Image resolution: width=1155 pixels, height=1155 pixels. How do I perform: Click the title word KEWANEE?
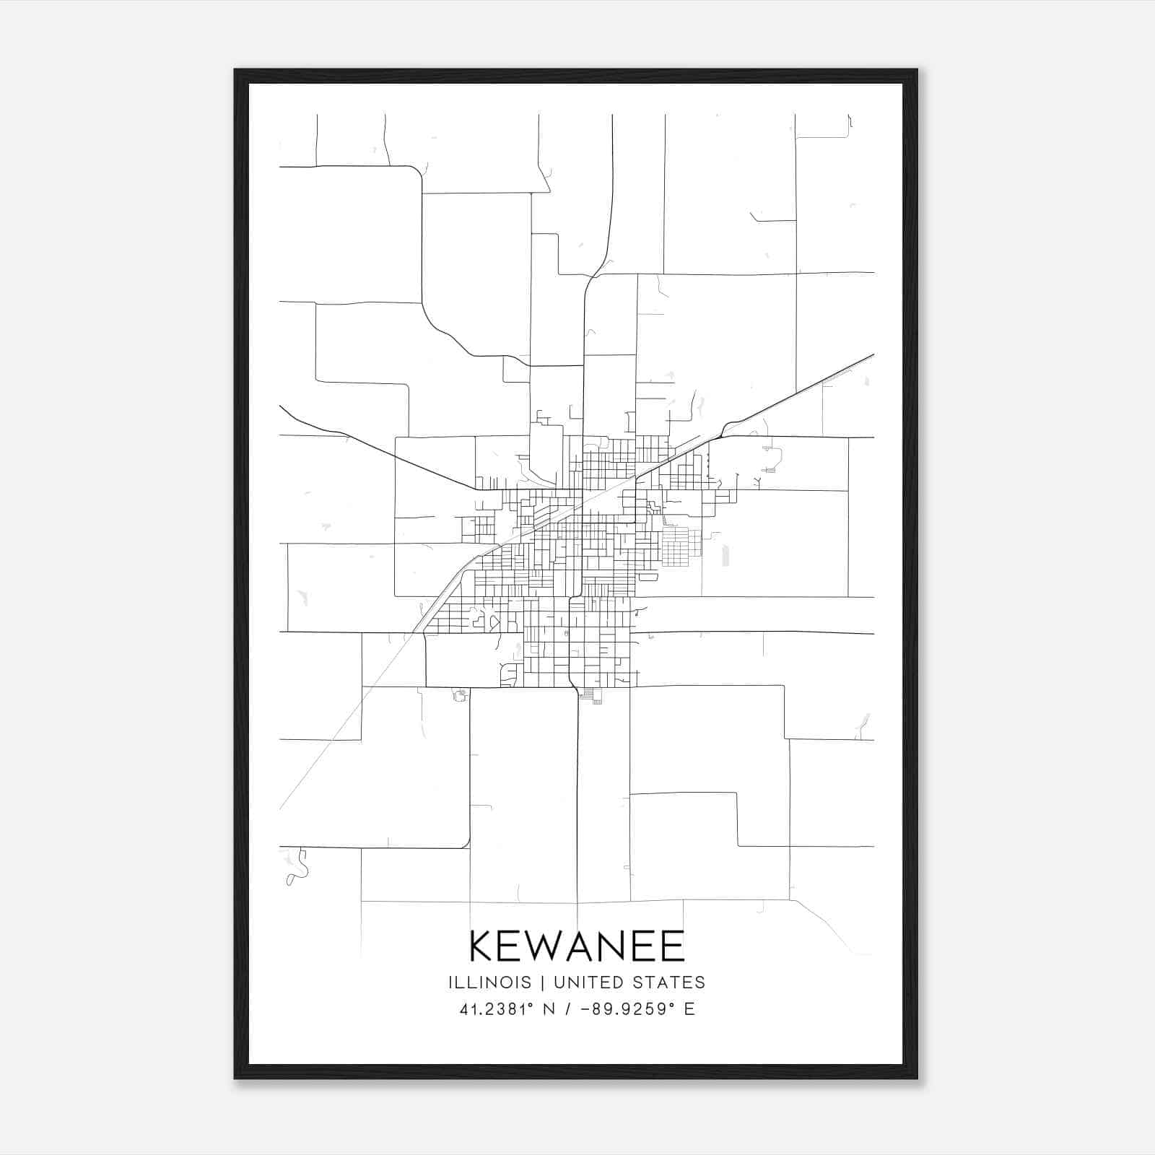click(577, 946)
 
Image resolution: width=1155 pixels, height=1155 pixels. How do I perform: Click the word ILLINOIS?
click(489, 982)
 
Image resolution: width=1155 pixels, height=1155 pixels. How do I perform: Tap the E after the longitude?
click(689, 1009)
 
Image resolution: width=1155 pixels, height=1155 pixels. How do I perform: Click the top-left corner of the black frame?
click(236, 71)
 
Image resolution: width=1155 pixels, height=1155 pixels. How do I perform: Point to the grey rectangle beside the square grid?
click(725, 554)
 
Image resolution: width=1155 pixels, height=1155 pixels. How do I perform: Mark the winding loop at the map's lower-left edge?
click(295, 868)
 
